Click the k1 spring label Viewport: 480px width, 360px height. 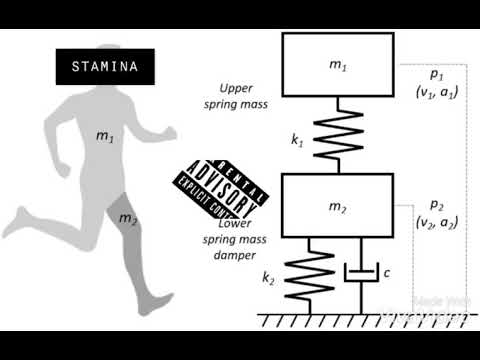tap(297, 142)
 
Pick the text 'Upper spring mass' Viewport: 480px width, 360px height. tap(245, 96)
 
